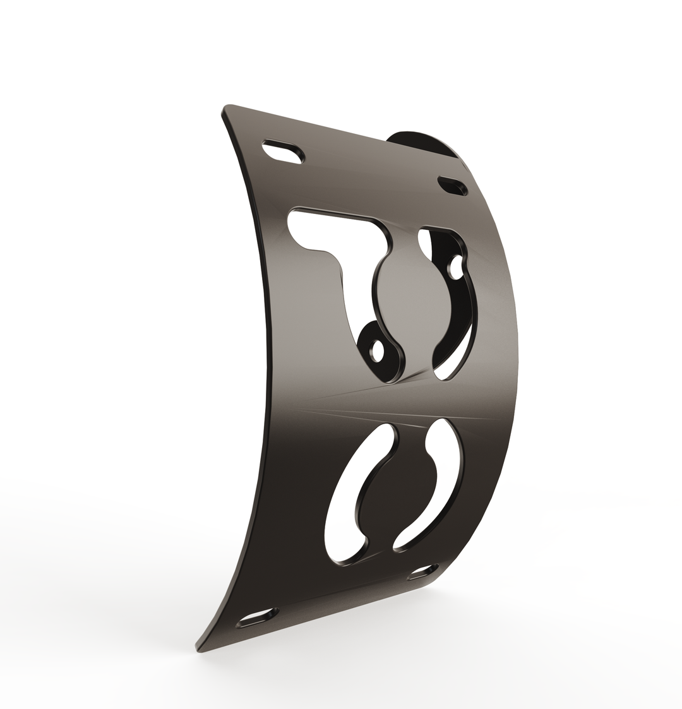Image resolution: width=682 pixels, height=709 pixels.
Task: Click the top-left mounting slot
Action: (x=283, y=151)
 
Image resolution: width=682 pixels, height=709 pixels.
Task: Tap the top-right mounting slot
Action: (x=453, y=186)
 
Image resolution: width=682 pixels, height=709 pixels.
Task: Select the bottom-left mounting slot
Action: (x=258, y=617)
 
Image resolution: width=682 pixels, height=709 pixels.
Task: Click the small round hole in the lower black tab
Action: (x=378, y=350)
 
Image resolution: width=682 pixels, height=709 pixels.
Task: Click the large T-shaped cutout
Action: (x=335, y=234)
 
